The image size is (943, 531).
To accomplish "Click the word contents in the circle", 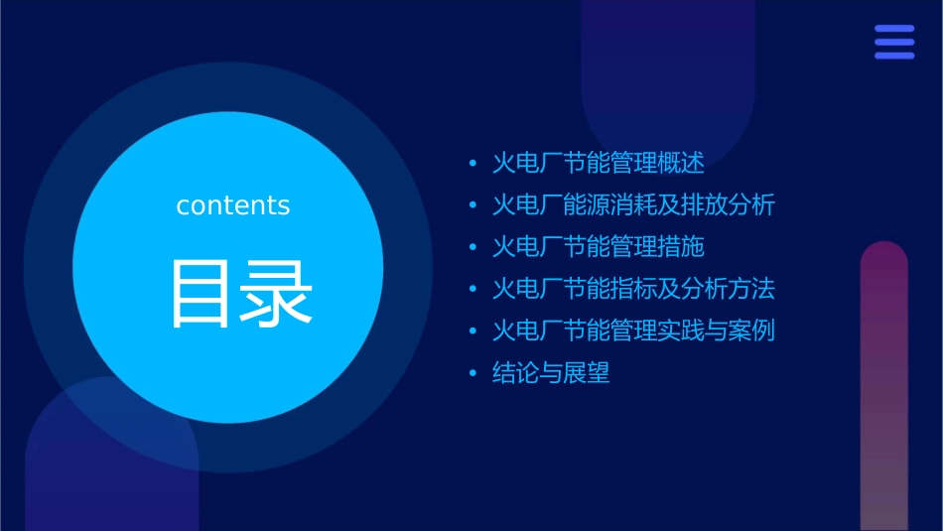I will (233, 205).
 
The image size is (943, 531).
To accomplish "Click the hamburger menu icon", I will (894, 43).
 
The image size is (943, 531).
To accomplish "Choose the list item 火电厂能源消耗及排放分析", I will (633, 205).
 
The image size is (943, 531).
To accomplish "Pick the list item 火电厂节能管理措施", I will (598, 247).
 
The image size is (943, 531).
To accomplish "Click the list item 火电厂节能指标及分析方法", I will (633, 289).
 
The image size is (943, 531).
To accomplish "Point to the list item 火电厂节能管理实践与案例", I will (633, 331).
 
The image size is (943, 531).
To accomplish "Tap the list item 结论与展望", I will (551, 373).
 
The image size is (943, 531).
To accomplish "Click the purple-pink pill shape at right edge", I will (883, 387).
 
